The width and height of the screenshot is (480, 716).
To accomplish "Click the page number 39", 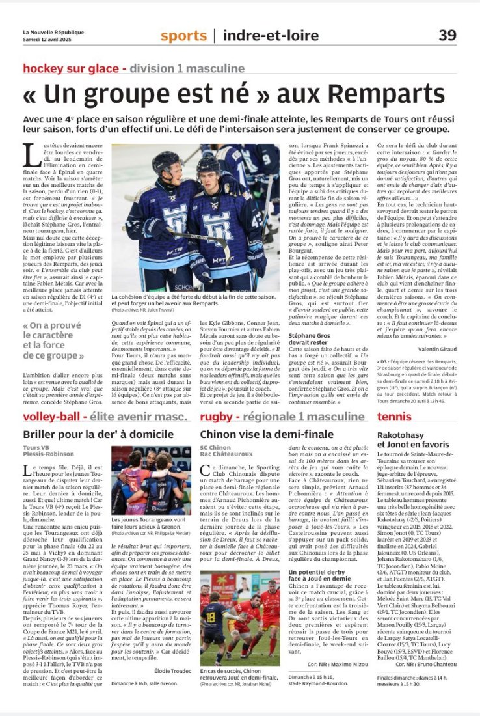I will point(447,35).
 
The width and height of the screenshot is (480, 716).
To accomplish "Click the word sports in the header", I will point(183,36).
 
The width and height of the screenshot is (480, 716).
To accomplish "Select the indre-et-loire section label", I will point(267,36).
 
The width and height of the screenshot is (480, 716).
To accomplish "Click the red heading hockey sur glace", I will point(73,68).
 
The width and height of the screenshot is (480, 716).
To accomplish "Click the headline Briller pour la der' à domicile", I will point(100,434).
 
